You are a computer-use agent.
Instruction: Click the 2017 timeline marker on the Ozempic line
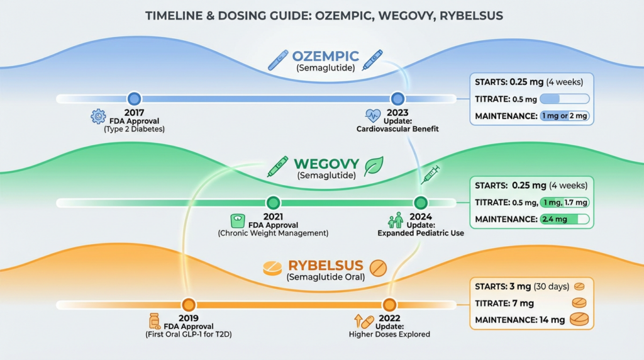[134, 99]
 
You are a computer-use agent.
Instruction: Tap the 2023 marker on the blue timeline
[397, 99]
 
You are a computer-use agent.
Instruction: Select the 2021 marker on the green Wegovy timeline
[272, 203]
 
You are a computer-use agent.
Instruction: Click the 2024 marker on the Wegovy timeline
[421, 203]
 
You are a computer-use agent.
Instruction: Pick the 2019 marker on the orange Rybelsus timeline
[187, 305]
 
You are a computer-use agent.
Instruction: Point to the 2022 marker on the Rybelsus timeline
[389, 305]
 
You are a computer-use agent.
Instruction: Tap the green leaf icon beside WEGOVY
[375, 166]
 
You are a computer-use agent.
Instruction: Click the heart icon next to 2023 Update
[372, 116]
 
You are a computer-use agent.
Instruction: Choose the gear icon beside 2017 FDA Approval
[98, 116]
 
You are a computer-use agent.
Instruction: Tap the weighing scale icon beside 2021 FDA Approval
[237, 220]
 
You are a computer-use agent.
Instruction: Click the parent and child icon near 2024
[396, 220]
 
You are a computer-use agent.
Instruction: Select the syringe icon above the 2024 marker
[430, 174]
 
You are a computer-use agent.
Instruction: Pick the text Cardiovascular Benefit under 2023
[397, 129]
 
